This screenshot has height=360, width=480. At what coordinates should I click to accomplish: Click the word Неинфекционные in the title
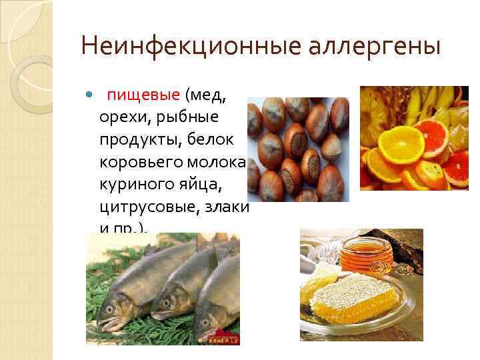168,47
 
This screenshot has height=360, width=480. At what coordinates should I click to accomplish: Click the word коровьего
140,162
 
